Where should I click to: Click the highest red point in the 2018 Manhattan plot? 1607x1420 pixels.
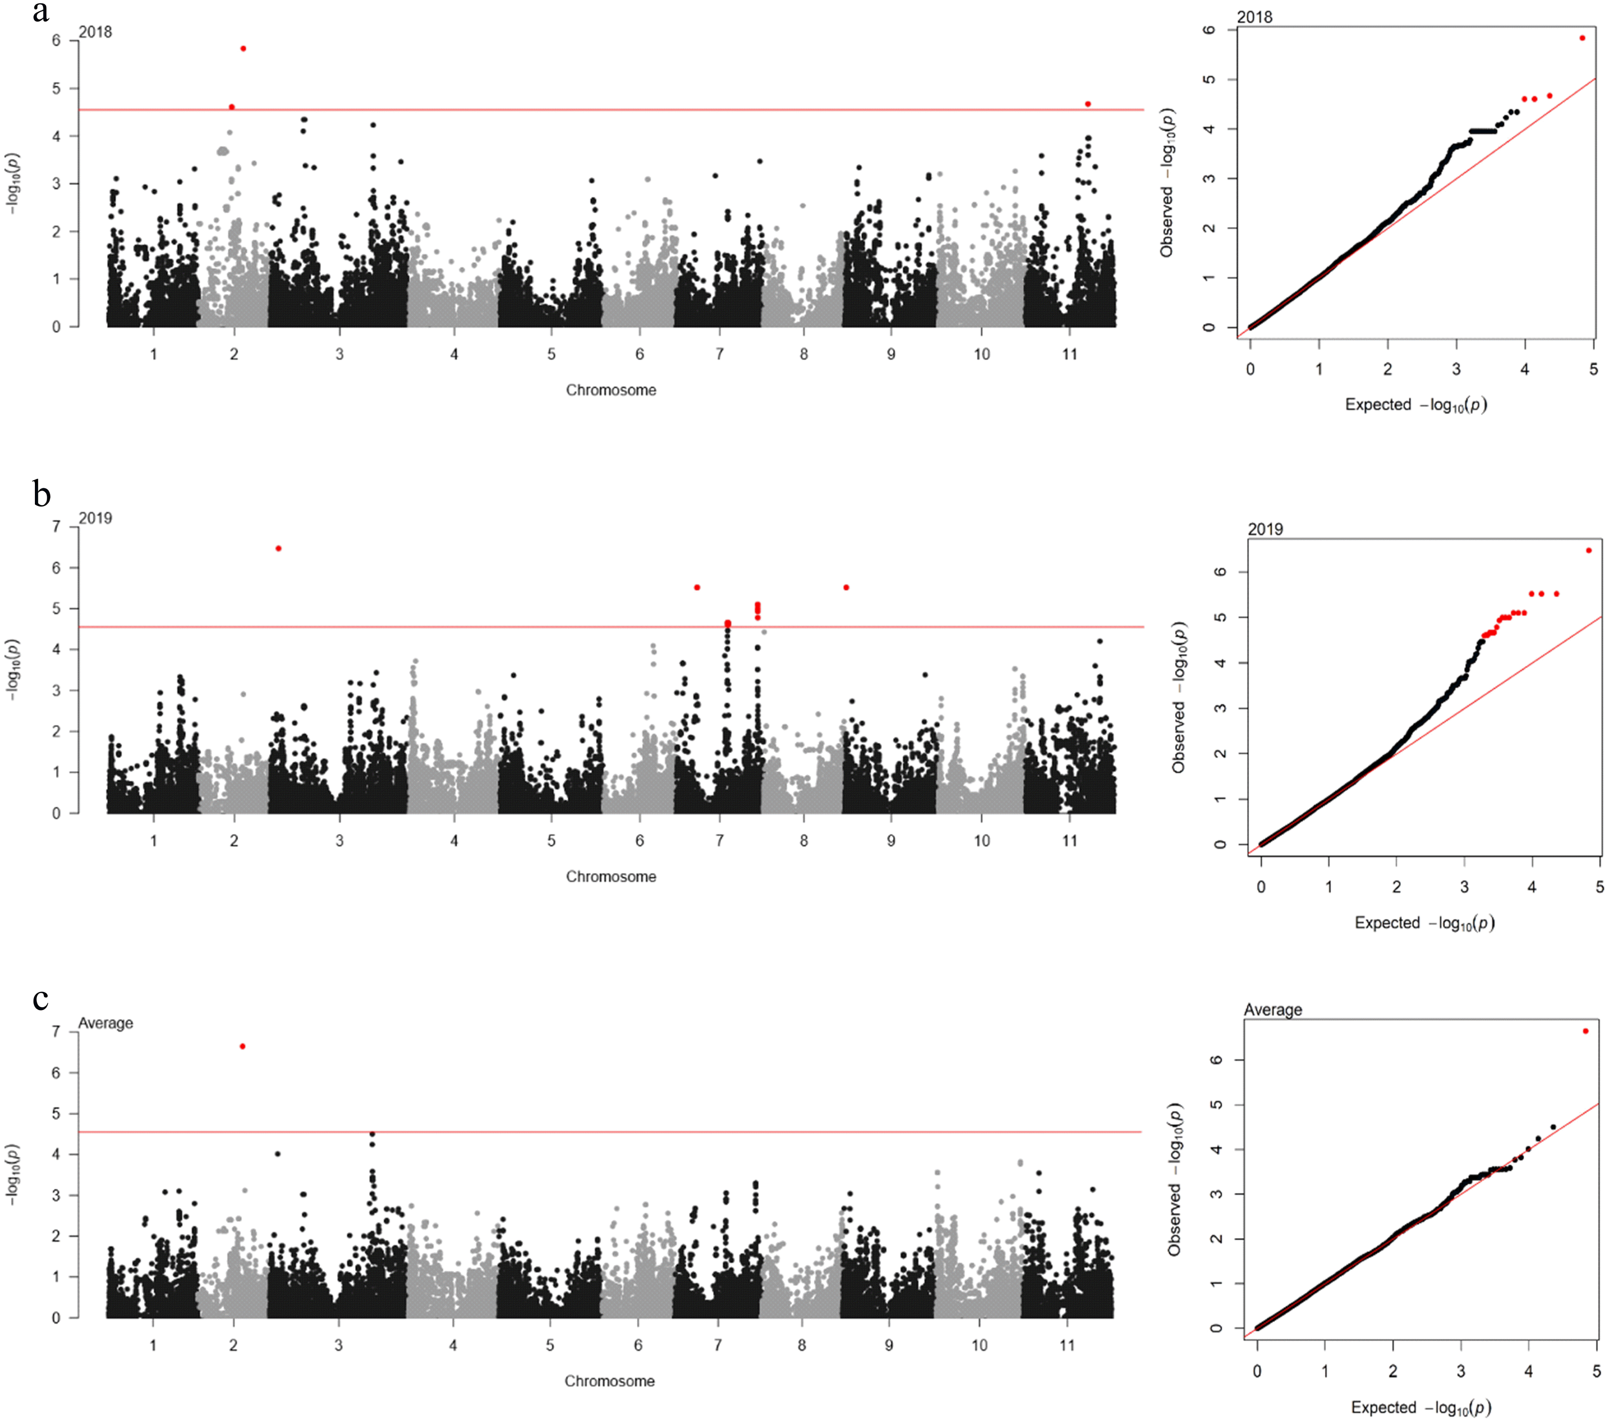(x=243, y=49)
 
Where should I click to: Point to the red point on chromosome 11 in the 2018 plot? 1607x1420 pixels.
(x=1087, y=104)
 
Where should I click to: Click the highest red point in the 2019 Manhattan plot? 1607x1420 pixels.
(x=278, y=548)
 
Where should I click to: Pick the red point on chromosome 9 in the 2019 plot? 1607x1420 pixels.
(x=846, y=587)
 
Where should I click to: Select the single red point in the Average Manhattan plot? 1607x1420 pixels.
(x=242, y=1046)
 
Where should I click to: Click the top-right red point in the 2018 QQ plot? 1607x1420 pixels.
(x=1582, y=38)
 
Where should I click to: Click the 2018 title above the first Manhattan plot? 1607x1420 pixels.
(x=95, y=32)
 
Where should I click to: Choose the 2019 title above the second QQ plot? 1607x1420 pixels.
(x=1265, y=529)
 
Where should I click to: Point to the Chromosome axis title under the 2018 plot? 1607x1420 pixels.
(x=611, y=390)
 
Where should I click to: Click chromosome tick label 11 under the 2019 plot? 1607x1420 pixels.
(x=1069, y=840)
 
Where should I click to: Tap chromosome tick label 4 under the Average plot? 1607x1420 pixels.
(x=453, y=1345)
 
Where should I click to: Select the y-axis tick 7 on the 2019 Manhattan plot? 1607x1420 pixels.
(x=56, y=527)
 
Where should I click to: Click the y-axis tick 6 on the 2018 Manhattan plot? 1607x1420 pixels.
(x=56, y=40)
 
